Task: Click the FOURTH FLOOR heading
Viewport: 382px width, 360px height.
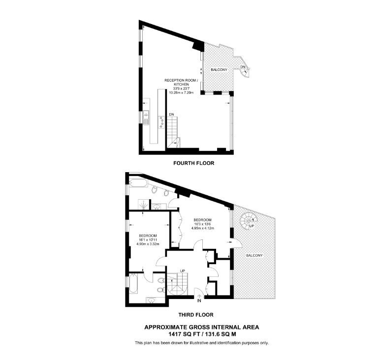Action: click(193, 163)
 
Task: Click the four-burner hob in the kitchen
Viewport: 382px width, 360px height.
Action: click(161, 122)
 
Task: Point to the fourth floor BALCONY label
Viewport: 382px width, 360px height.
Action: click(219, 70)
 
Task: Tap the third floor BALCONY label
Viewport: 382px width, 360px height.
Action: click(255, 256)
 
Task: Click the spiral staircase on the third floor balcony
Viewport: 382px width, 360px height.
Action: click(248, 220)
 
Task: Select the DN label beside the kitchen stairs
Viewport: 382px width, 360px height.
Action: click(171, 114)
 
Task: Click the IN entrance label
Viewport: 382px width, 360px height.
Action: click(199, 300)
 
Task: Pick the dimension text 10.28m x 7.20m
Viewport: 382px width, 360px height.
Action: click(183, 92)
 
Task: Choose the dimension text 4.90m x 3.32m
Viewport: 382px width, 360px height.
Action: click(148, 243)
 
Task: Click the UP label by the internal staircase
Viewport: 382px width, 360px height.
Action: click(182, 271)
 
